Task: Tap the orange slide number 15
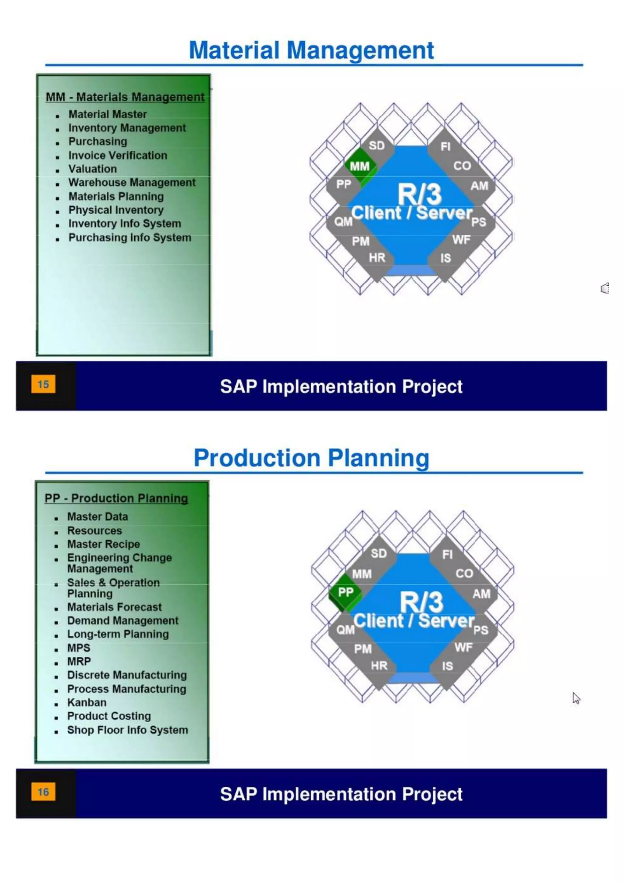[x=43, y=384]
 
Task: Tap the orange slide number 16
[x=43, y=792]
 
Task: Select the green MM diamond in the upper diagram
[x=360, y=166]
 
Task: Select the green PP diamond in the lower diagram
[x=346, y=592]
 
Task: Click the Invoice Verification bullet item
[x=118, y=156]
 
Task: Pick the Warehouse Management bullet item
[x=132, y=182]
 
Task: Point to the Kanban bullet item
[x=87, y=702]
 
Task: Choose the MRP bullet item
[x=79, y=661]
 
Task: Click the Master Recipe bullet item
[x=103, y=544]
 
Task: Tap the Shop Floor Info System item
[x=128, y=730]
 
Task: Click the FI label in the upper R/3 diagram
[x=445, y=147]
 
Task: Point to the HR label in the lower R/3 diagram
[x=379, y=666]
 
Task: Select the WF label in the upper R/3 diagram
[x=461, y=240]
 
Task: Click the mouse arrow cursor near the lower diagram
[x=576, y=698]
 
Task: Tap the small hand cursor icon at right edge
[x=605, y=288]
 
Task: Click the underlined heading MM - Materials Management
[x=125, y=97]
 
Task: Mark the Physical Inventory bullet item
[x=116, y=210]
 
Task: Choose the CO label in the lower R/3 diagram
[x=464, y=574]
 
